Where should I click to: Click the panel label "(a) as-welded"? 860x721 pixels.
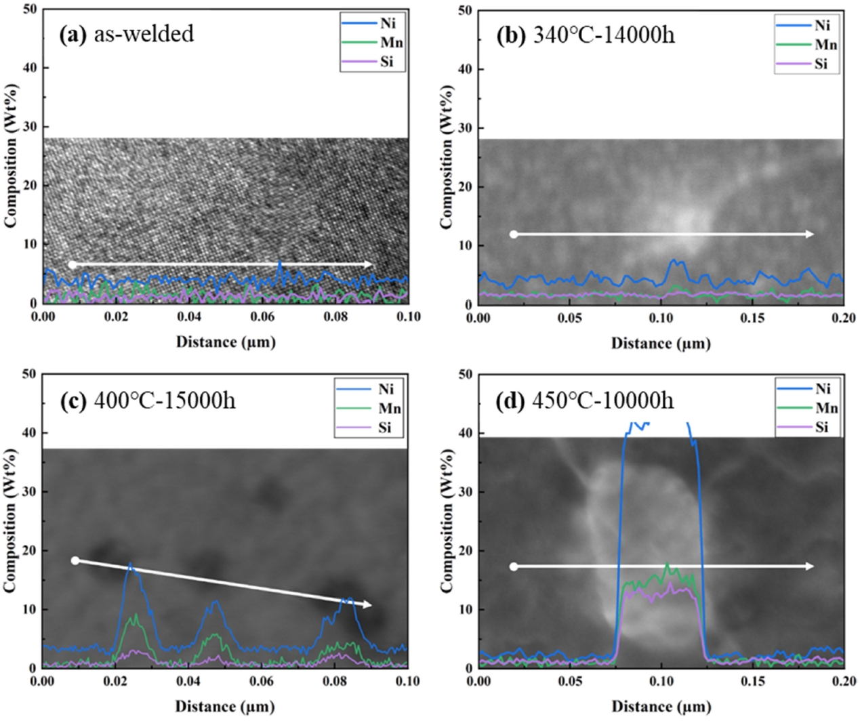tap(127, 34)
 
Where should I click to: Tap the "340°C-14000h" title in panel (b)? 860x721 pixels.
tap(604, 35)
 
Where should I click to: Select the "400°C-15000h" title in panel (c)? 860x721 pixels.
tap(165, 400)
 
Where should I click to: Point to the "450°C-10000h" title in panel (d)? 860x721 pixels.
tap(603, 400)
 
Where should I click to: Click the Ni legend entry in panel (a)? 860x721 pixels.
tap(387, 23)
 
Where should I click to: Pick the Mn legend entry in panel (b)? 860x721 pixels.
tap(825, 45)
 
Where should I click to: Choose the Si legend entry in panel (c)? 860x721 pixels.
tap(385, 428)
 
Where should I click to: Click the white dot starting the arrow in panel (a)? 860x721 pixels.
tap(72, 264)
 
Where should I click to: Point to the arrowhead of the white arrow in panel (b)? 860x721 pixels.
tap(810, 234)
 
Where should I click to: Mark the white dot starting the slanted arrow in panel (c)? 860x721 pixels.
tap(75, 560)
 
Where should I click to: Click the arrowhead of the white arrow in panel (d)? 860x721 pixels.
tap(810, 566)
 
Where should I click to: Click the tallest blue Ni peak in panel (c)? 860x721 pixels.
tap(130, 564)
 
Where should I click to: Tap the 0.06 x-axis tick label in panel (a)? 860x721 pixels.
tap(262, 316)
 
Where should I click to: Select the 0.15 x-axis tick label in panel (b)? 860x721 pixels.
tap(753, 318)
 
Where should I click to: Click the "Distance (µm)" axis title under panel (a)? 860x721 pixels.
tap(226, 342)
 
